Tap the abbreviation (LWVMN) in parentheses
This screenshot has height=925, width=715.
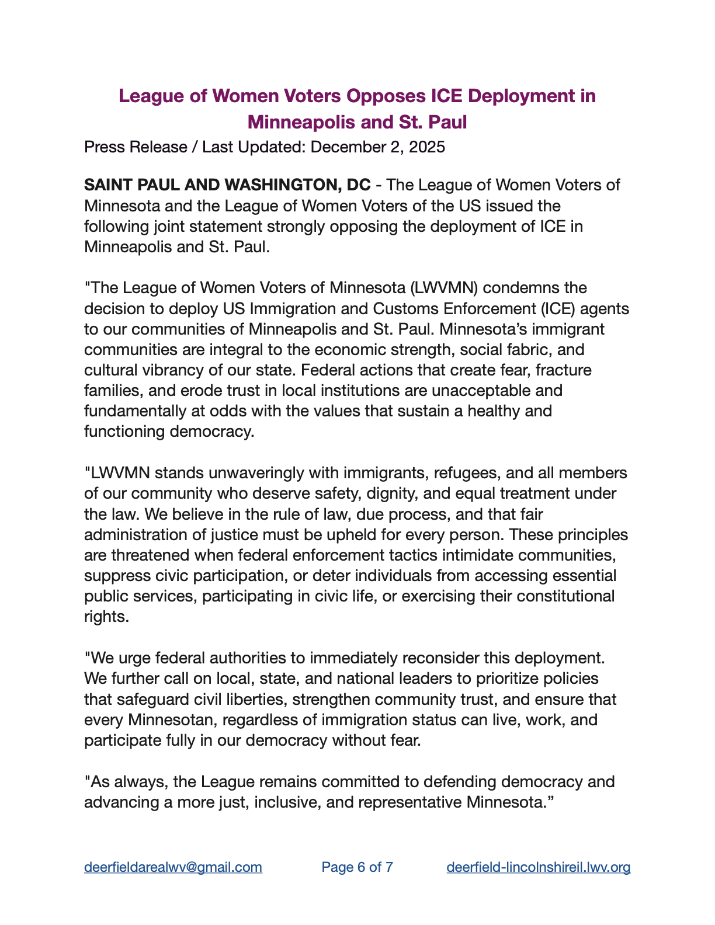[x=444, y=288]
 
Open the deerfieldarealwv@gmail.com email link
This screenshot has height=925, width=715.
[x=173, y=867]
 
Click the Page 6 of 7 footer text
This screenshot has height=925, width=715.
[x=357, y=867]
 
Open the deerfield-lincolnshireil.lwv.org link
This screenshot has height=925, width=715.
[x=538, y=867]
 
